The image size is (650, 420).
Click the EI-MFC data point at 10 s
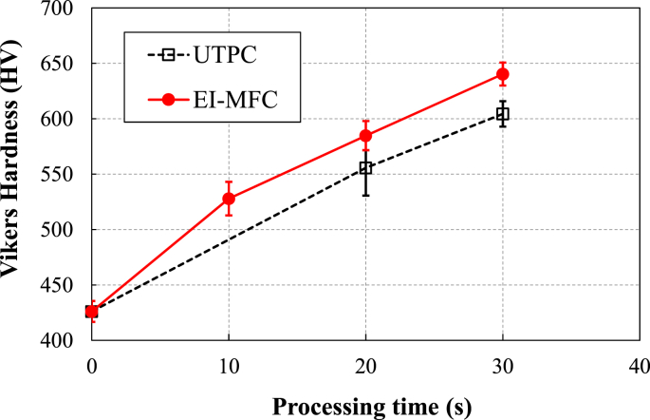click(x=229, y=199)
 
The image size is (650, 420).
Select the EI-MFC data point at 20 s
click(x=365, y=136)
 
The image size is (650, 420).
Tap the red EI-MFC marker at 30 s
click(x=502, y=74)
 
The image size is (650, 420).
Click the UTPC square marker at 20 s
click(x=365, y=168)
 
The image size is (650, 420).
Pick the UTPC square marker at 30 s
click(x=502, y=114)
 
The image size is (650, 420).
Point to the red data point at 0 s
click(x=92, y=311)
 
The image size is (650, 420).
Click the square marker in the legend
click(x=168, y=55)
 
